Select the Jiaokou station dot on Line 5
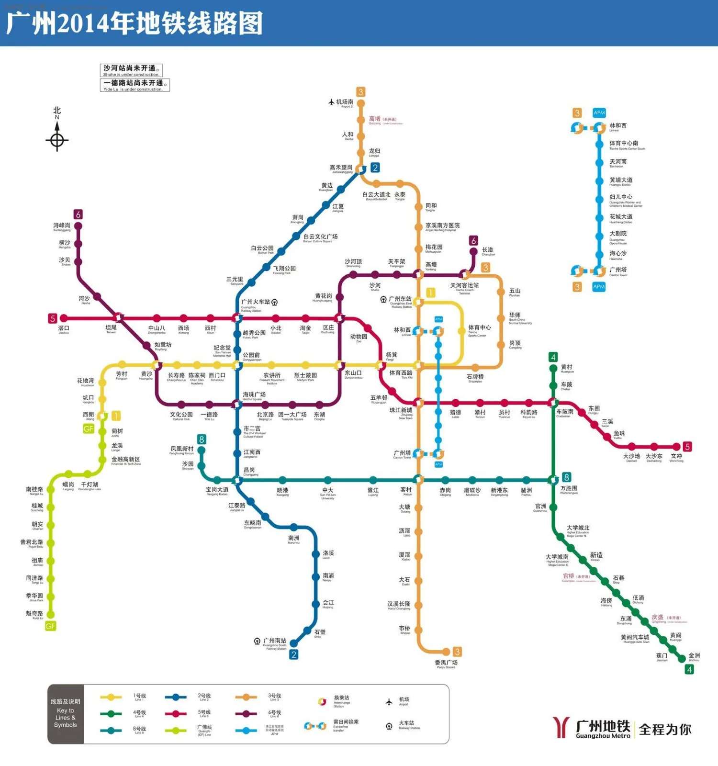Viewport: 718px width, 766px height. pyautogui.click(x=64, y=318)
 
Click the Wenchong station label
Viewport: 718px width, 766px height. pyautogui.click(x=676, y=457)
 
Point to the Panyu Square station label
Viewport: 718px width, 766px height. pyautogui.click(x=446, y=664)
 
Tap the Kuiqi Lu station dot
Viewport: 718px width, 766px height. pyautogui.click(x=50, y=615)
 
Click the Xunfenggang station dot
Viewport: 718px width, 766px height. pyautogui.click(x=78, y=226)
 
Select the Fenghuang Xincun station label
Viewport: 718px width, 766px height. pyautogui.click(x=182, y=450)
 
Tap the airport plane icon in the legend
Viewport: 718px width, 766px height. pyautogui.click(x=389, y=702)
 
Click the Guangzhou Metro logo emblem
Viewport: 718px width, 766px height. pyautogui.click(x=561, y=727)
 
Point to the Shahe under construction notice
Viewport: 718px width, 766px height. pyautogui.click(x=131, y=70)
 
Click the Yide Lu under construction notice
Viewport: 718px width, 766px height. pyautogui.click(x=135, y=85)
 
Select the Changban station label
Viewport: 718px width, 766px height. pyautogui.click(x=488, y=251)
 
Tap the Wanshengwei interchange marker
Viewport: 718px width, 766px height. pyautogui.click(x=553, y=480)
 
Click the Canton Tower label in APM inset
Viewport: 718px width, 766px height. pyautogui.click(x=618, y=271)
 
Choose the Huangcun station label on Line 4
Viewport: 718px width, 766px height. pyautogui.click(x=567, y=368)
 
